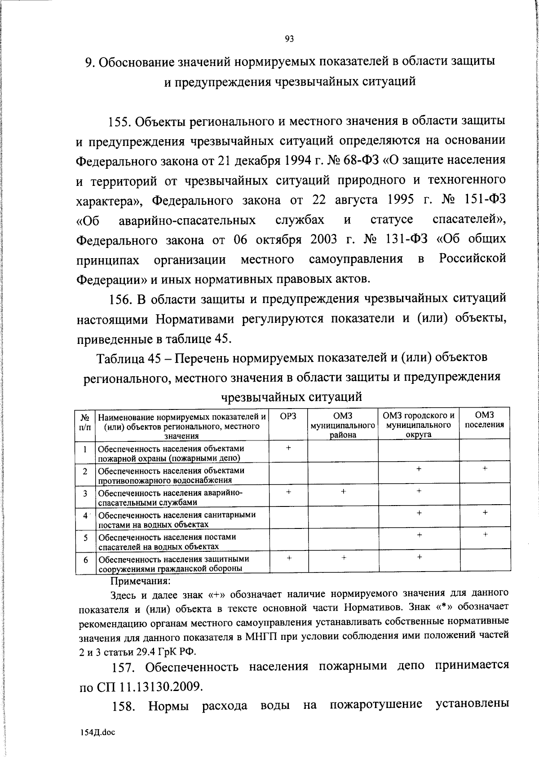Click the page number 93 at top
click(x=289, y=39)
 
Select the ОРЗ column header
click(x=288, y=416)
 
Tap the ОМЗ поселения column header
click(x=484, y=420)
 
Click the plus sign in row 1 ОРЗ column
click(x=288, y=448)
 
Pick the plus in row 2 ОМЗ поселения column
click(x=485, y=469)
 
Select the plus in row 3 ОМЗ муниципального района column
click(x=343, y=492)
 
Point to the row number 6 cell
click(x=85, y=560)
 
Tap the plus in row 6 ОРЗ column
click(x=288, y=557)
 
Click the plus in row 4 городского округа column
click(x=419, y=513)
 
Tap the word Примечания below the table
click(x=140, y=581)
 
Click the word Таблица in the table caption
click(x=119, y=358)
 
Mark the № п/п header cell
click(x=85, y=423)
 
